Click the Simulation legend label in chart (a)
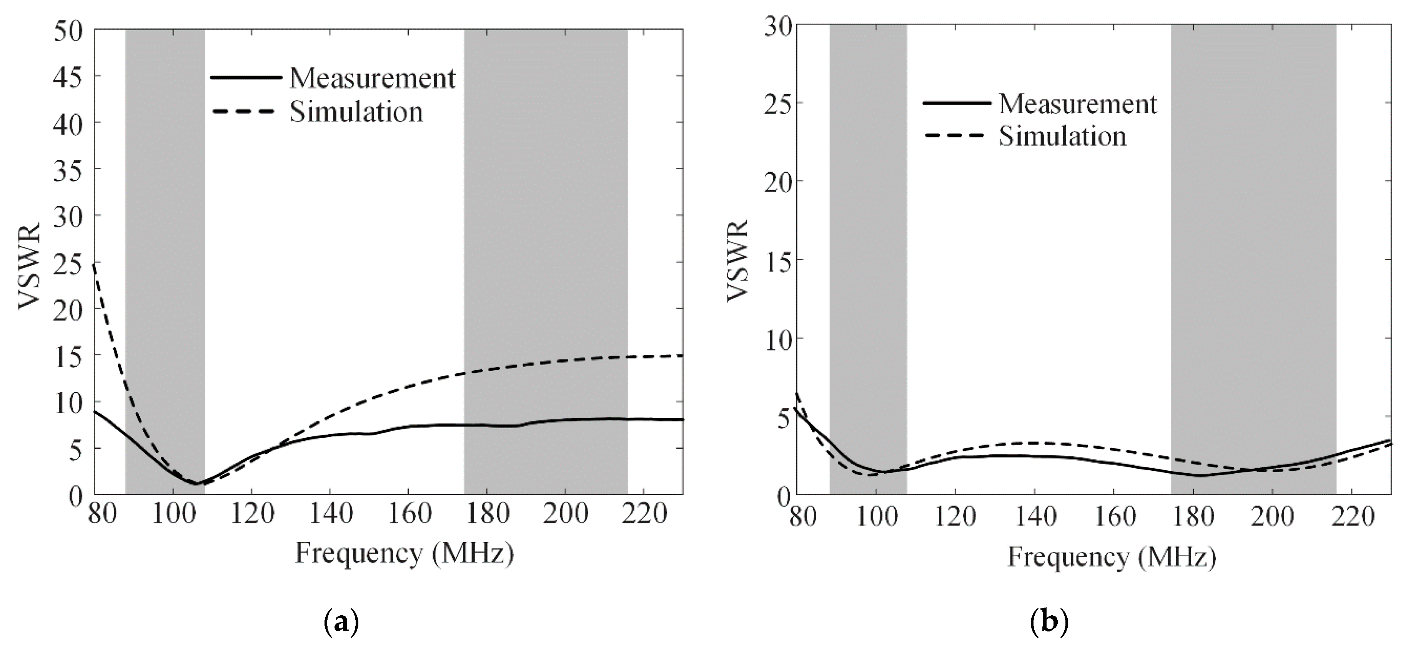click(356, 112)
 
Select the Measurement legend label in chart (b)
click(1077, 104)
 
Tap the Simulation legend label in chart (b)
click(1062, 136)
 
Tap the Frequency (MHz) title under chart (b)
click(1112, 557)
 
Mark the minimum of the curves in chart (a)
click(196, 483)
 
